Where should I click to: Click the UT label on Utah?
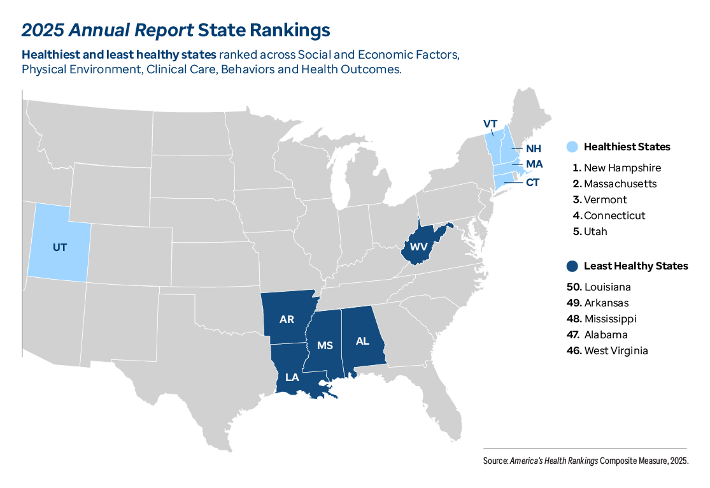[x=59, y=247]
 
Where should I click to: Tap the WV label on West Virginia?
[x=419, y=246]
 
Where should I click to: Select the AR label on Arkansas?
[x=287, y=319]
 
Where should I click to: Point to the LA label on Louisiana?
[x=292, y=377]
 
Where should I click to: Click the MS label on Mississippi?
[x=325, y=345]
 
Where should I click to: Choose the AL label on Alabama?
[x=362, y=341]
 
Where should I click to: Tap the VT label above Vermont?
[x=490, y=124]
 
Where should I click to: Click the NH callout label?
[x=534, y=148]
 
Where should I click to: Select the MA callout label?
[x=534, y=164]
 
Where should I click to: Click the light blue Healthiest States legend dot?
[x=572, y=147]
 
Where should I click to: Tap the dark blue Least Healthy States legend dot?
[x=572, y=266]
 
